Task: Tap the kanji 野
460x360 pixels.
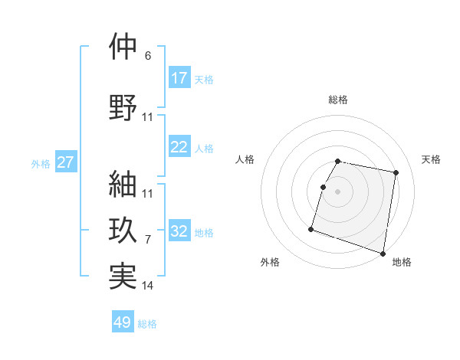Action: coord(123,107)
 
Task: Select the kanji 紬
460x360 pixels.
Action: coord(123,183)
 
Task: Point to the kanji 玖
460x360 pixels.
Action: coord(123,229)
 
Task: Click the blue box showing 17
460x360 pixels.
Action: coord(179,78)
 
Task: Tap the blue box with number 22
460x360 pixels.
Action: coord(179,147)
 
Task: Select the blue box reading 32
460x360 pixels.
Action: coord(179,231)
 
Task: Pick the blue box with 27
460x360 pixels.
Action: coord(65,162)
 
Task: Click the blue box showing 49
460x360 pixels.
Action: coord(123,322)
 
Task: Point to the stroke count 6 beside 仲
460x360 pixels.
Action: coord(148,56)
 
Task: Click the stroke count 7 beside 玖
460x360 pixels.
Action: coord(148,240)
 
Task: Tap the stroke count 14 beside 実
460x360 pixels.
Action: coord(148,286)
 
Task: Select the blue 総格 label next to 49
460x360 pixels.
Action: coord(147,324)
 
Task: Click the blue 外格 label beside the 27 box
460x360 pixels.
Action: coord(41,163)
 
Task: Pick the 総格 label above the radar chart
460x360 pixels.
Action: coord(338,100)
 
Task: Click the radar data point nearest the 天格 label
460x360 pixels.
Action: coord(396,174)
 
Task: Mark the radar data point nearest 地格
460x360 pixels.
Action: coord(383,253)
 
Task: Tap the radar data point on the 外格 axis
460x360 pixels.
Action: coord(311,228)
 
